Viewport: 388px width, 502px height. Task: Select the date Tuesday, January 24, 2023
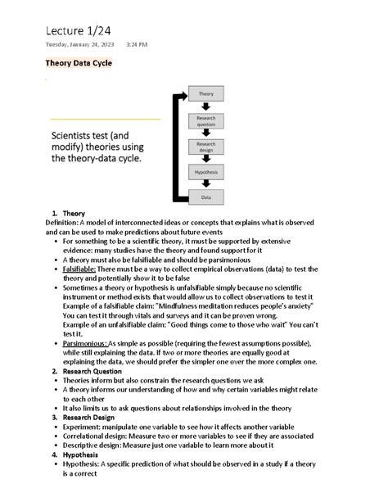coord(79,44)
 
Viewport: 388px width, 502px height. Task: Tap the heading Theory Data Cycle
coord(79,63)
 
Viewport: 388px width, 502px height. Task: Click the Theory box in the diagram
coord(205,95)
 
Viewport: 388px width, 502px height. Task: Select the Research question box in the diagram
coord(205,120)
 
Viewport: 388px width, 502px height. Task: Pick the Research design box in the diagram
coord(205,147)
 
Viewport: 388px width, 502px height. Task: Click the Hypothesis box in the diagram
coord(205,172)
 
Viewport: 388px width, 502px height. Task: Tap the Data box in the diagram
coord(205,197)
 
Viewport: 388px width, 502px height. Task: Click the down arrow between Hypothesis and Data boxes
coord(205,185)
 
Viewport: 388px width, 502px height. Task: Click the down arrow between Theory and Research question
coord(205,107)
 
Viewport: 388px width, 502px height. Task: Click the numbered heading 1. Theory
coord(69,214)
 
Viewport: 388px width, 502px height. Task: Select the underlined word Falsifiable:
coord(79,268)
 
